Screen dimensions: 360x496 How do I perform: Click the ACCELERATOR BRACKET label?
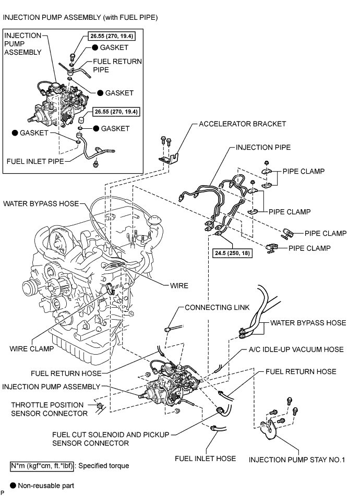point(242,124)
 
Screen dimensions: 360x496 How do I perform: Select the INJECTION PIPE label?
point(263,147)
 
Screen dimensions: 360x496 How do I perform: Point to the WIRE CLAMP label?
point(32,348)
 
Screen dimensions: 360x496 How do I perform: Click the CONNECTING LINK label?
point(217,307)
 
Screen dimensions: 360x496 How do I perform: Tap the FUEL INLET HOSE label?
point(206,458)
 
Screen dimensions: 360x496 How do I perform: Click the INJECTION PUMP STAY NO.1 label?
point(297,459)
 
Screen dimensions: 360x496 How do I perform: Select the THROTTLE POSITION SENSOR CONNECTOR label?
point(50,409)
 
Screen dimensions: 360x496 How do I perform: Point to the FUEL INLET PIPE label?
point(35,161)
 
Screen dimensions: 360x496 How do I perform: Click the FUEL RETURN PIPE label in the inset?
point(117,66)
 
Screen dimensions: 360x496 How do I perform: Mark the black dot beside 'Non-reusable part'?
point(13,485)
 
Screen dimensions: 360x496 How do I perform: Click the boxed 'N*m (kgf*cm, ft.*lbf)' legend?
point(42,466)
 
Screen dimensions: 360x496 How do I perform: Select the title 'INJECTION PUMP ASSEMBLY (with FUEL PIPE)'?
point(80,17)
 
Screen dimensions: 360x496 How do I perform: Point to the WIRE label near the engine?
point(179,286)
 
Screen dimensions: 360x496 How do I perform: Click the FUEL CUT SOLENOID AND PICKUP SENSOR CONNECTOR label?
point(111,439)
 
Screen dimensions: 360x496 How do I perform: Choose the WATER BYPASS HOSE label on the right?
point(308,323)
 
